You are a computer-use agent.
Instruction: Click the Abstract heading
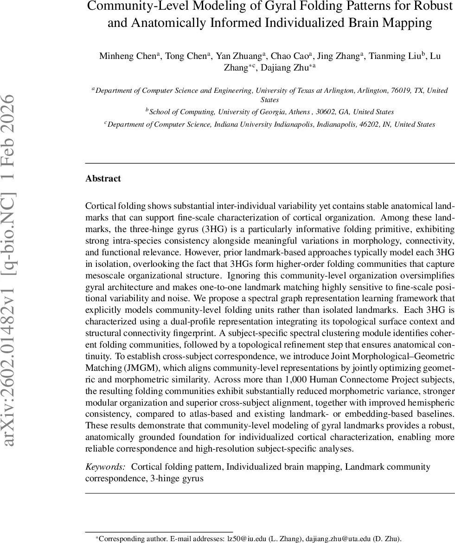(x=103, y=179)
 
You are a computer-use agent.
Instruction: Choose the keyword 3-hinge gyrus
(x=177, y=478)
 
